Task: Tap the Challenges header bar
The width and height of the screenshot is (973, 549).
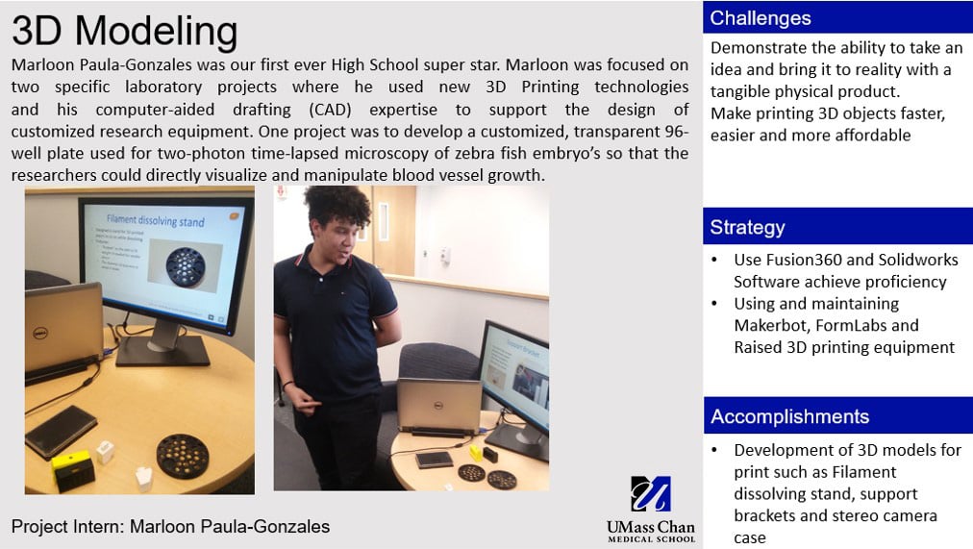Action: coord(837,17)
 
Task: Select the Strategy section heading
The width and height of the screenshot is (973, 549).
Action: coord(837,227)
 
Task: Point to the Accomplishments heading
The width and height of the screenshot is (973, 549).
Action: coord(837,416)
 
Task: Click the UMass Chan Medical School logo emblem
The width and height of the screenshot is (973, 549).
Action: coord(651,494)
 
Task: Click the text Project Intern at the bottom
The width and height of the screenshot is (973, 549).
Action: coord(67,526)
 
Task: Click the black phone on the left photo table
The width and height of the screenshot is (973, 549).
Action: coord(60,430)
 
